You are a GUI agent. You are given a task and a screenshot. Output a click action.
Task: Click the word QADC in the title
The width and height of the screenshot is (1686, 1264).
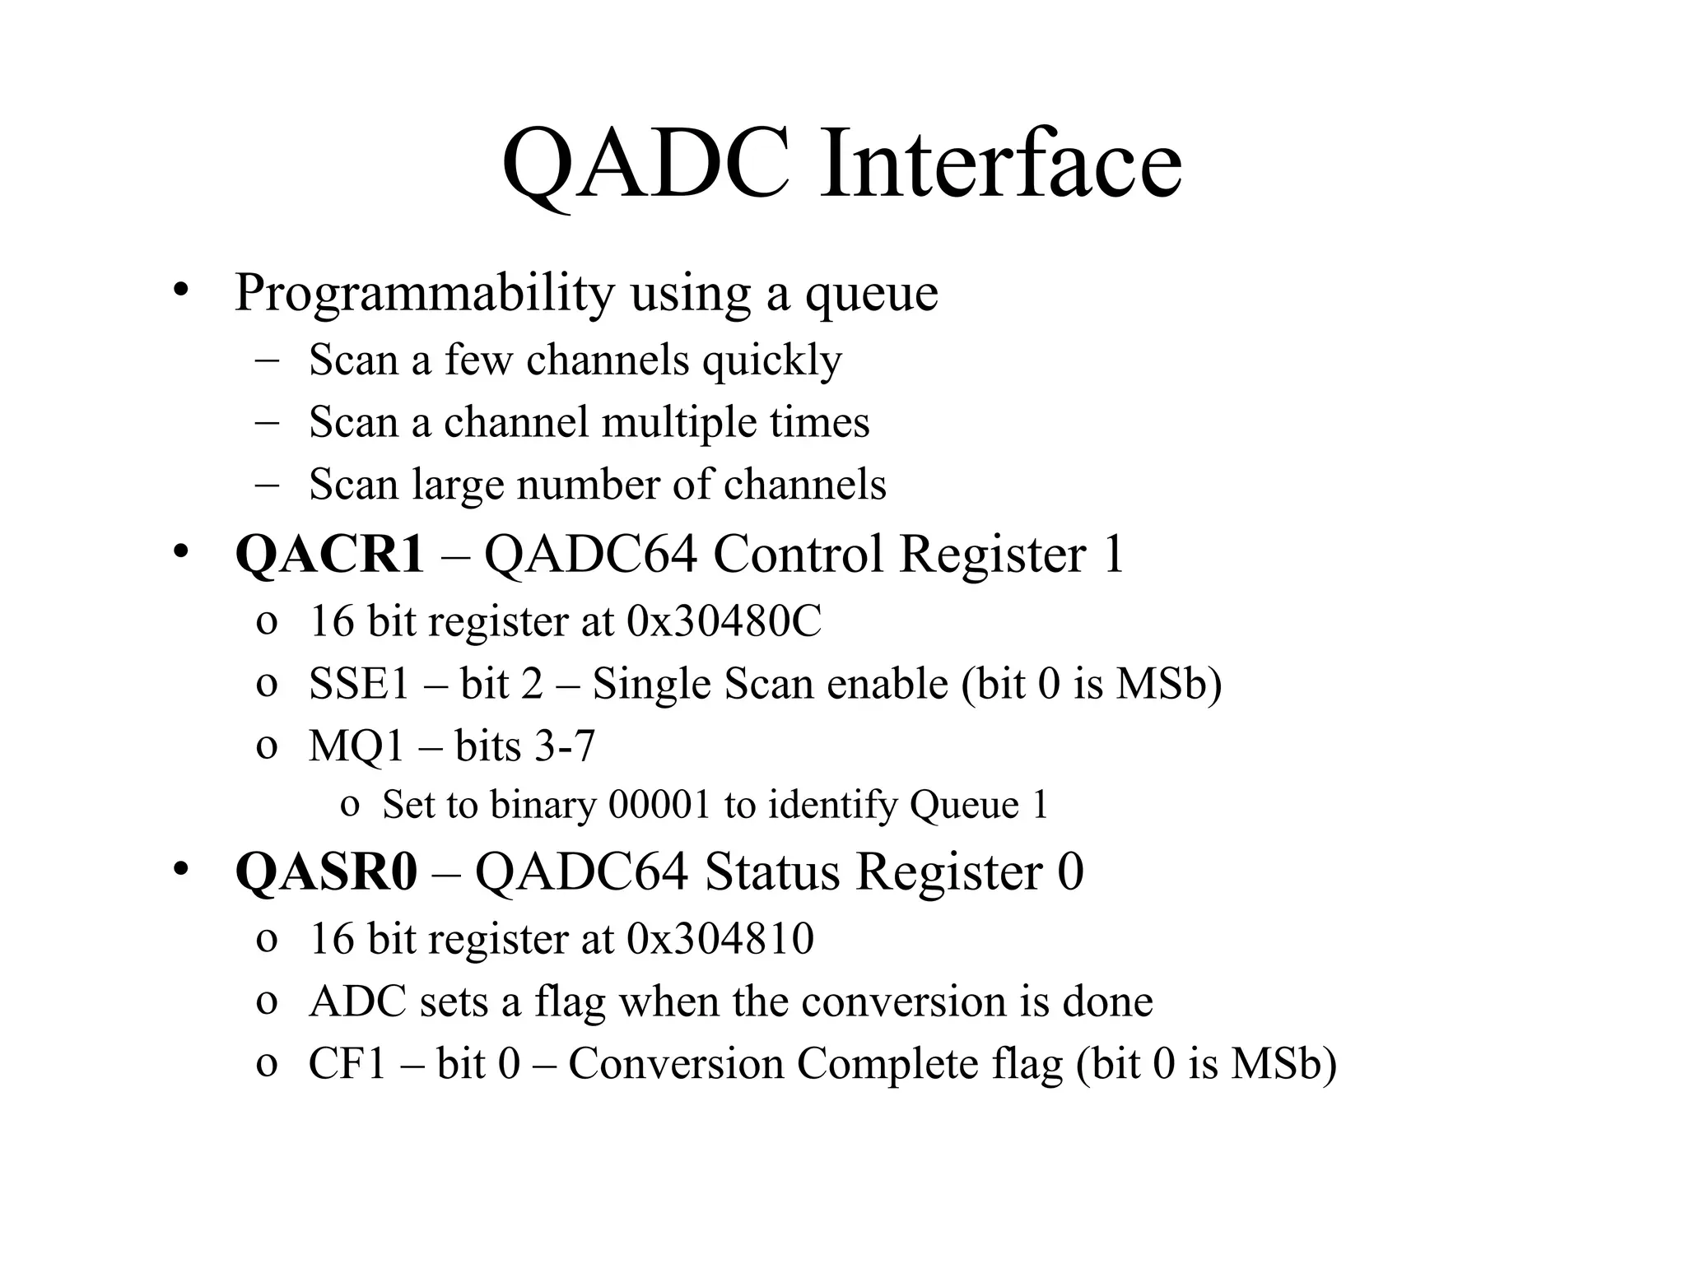pos(645,165)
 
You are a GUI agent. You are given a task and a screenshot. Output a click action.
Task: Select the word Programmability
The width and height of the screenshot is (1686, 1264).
pos(424,294)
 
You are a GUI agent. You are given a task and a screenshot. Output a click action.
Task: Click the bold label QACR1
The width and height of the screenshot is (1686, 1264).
pos(329,554)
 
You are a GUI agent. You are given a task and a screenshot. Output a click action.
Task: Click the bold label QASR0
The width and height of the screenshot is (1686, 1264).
pos(326,872)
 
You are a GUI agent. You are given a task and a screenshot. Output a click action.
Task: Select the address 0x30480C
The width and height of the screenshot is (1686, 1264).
pos(724,622)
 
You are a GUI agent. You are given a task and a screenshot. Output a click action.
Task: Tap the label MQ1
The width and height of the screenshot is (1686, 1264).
pos(356,747)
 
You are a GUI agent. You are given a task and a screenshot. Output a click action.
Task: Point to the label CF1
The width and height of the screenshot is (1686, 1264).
pos(347,1064)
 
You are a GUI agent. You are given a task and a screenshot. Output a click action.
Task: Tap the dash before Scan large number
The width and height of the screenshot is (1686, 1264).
pos(267,486)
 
